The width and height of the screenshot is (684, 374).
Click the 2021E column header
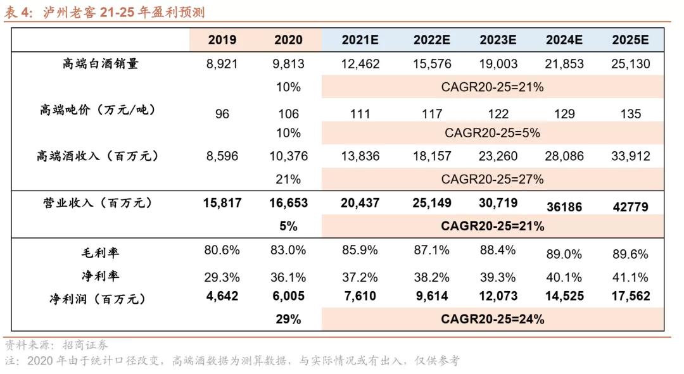[x=360, y=40]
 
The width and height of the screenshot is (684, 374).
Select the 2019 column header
[x=222, y=40]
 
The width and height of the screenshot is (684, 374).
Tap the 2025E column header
[x=630, y=40]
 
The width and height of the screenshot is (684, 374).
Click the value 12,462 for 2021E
[x=360, y=64]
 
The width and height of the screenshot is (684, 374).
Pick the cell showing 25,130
[x=630, y=64]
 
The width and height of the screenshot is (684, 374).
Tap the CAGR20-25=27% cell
[x=492, y=179]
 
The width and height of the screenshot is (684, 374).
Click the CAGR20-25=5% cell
[x=492, y=133]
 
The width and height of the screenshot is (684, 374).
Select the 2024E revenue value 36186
[x=564, y=207]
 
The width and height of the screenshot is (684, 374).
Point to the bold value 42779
[x=630, y=207]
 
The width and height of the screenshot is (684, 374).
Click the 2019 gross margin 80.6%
[x=222, y=250]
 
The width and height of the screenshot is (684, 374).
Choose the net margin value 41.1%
[x=630, y=277]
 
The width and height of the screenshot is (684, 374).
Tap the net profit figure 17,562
[x=630, y=296]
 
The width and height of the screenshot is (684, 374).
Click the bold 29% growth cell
[x=288, y=319]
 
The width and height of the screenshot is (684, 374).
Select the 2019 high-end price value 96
[x=222, y=115]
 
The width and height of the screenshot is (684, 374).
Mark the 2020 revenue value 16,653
[x=288, y=203]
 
